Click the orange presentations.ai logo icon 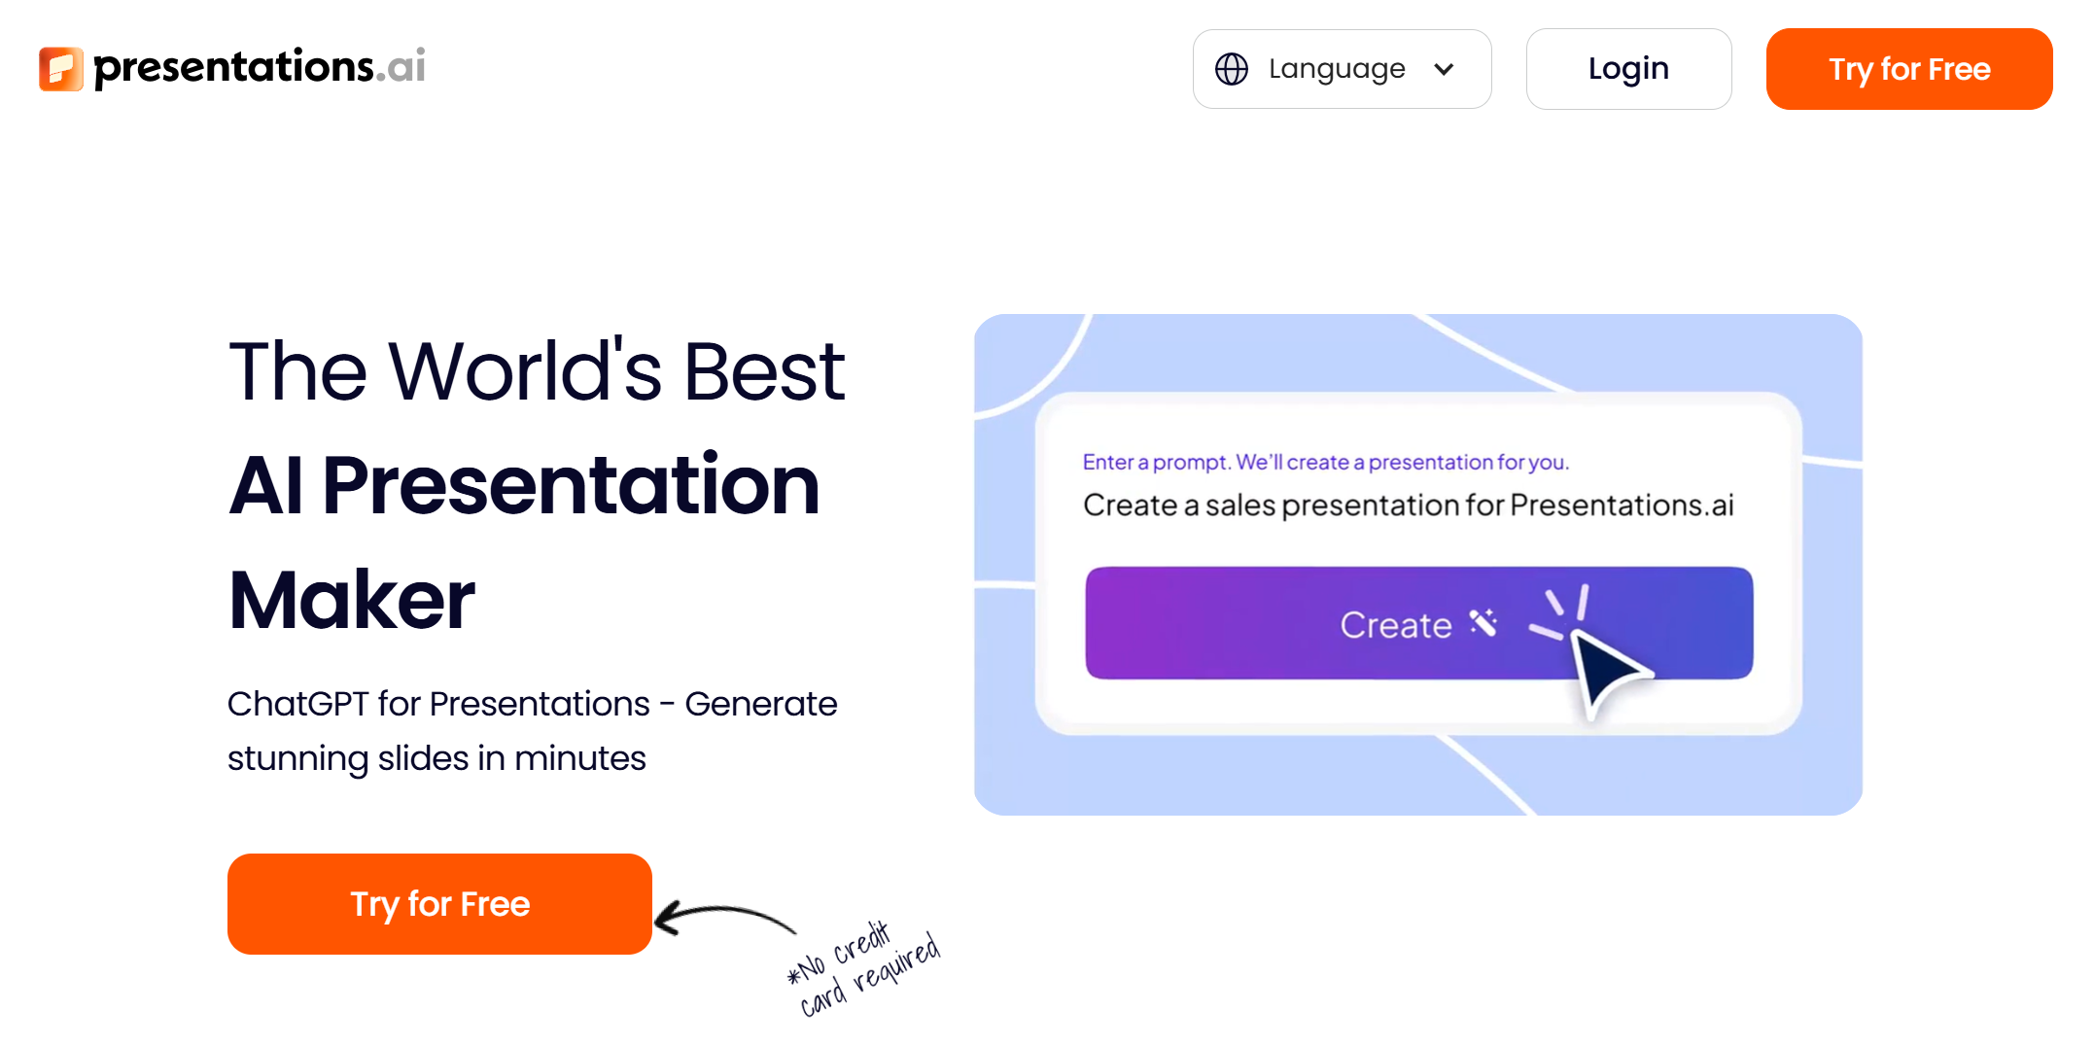click(61, 68)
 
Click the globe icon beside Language click(1232, 69)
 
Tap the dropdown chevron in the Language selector click(1444, 69)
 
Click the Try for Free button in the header click(1909, 69)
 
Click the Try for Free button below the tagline click(439, 904)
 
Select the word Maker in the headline click(352, 600)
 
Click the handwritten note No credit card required click(864, 968)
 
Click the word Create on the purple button click(1396, 625)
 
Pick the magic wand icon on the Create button click(1483, 622)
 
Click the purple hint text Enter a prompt click(1157, 463)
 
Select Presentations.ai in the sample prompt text click(1623, 506)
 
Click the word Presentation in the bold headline click(572, 486)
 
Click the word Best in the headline click(764, 371)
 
